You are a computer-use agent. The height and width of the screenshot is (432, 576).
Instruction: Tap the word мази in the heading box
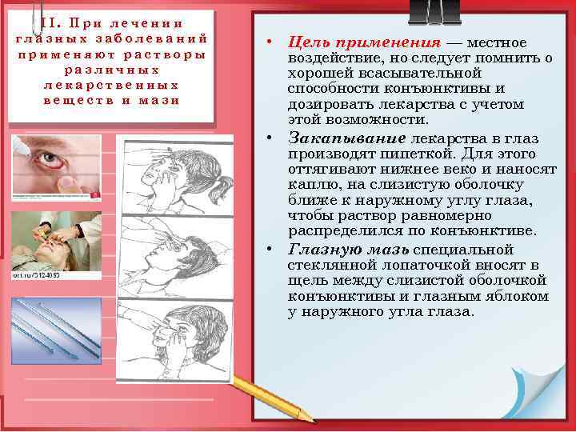(x=160, y=99)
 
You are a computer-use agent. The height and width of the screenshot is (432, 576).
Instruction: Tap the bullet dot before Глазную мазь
(x=272, y=250)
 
